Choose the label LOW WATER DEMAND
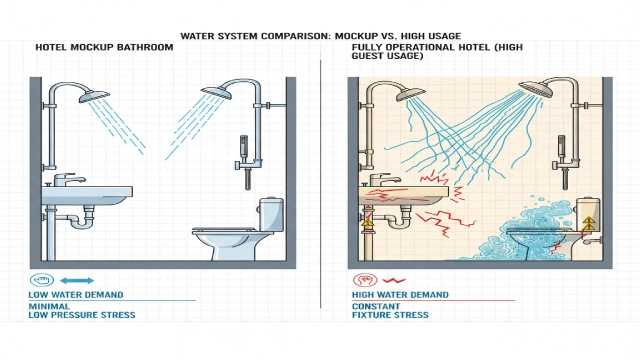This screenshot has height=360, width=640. tap(76, 296)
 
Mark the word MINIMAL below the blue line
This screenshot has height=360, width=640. tap(50, 307)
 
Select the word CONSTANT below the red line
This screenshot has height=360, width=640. tap(376, 307)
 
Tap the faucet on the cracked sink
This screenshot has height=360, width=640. tap(385, 180)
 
